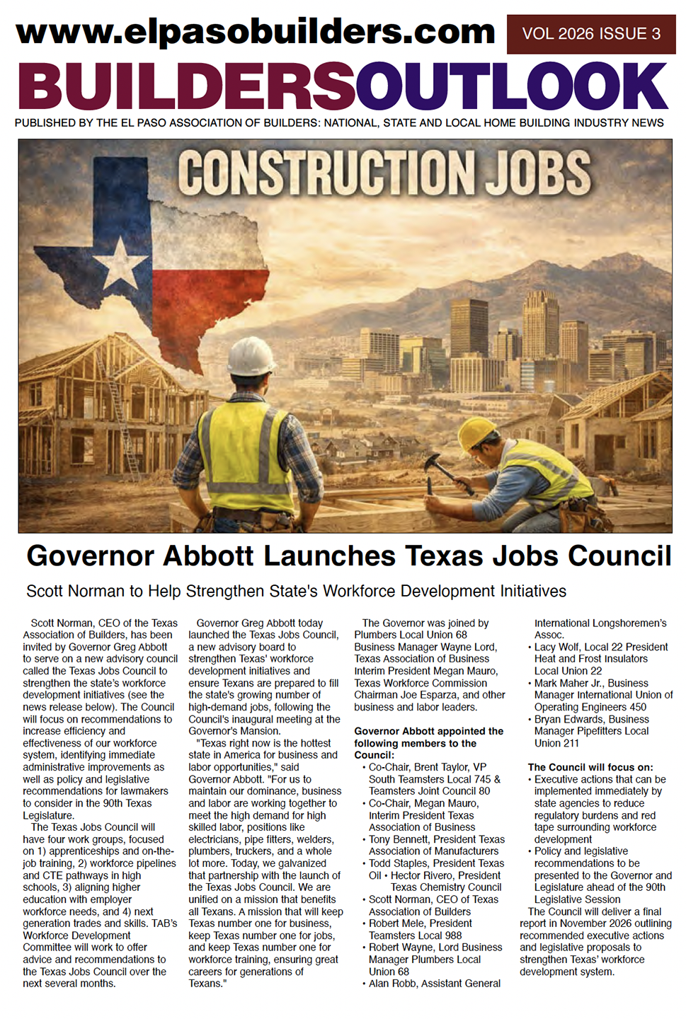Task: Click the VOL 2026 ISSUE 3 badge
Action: point(591,34)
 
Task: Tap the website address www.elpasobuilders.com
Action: point(256,32)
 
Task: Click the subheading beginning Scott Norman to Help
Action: point(296,591)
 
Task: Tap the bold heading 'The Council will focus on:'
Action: point(590,767)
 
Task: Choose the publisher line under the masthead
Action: point(339,123)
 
